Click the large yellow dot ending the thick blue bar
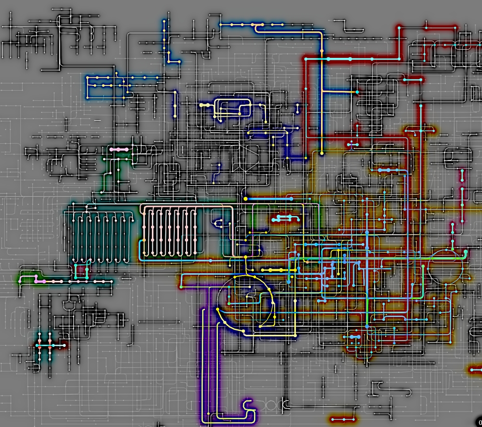(x=245, y=198)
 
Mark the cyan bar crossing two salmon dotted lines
(x=50, y=345)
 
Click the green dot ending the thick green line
(x=466, y=252)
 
